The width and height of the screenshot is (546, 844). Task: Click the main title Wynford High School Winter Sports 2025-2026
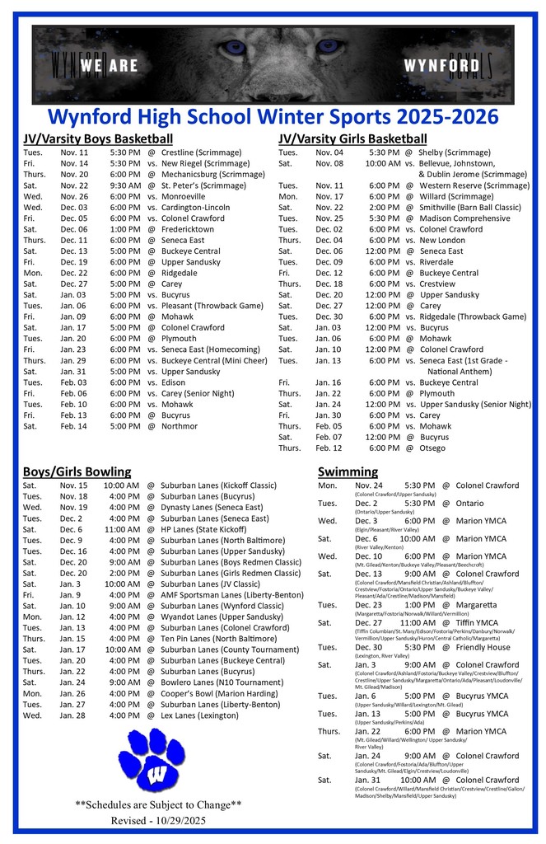point(273,115)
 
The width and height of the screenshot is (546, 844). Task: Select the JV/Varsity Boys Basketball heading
point(97,138)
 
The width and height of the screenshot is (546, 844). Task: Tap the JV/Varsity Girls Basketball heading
point(352,138)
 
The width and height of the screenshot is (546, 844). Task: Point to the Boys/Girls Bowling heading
point(77,471)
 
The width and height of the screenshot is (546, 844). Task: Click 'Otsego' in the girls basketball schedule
point(432,448)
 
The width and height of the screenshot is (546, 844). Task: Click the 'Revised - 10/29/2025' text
point(158,821)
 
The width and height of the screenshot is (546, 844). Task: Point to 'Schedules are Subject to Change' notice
point(158,804)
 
